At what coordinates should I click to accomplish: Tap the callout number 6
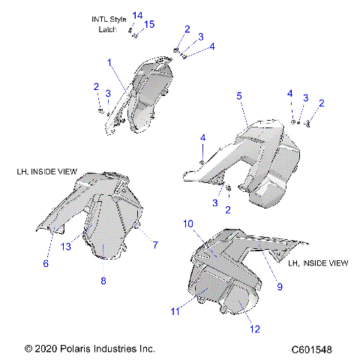coord(45,263)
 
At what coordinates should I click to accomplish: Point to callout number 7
coord(155,245)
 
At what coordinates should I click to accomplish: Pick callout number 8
coord(103,280)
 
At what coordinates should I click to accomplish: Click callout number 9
coord(279,286)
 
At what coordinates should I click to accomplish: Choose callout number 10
coord(188,223)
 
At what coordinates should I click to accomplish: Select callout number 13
coord(66,246)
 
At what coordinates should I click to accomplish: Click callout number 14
coord(137,15)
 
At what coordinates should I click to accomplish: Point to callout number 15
coord(149,24)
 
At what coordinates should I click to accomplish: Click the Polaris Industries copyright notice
coord(89,349)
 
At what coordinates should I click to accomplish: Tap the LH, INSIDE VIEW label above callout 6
coord(47,172)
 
